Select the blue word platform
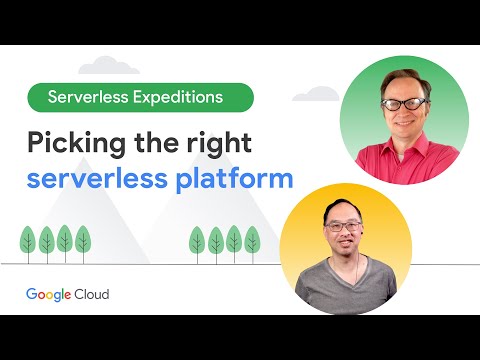(x=242, y=180)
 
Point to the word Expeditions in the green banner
(x=190, y=97)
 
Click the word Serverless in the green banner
(x=90, y=97)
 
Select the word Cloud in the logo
(x=90, y=294)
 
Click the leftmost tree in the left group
(x=28, y=240)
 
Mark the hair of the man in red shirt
(x=405, y=78)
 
